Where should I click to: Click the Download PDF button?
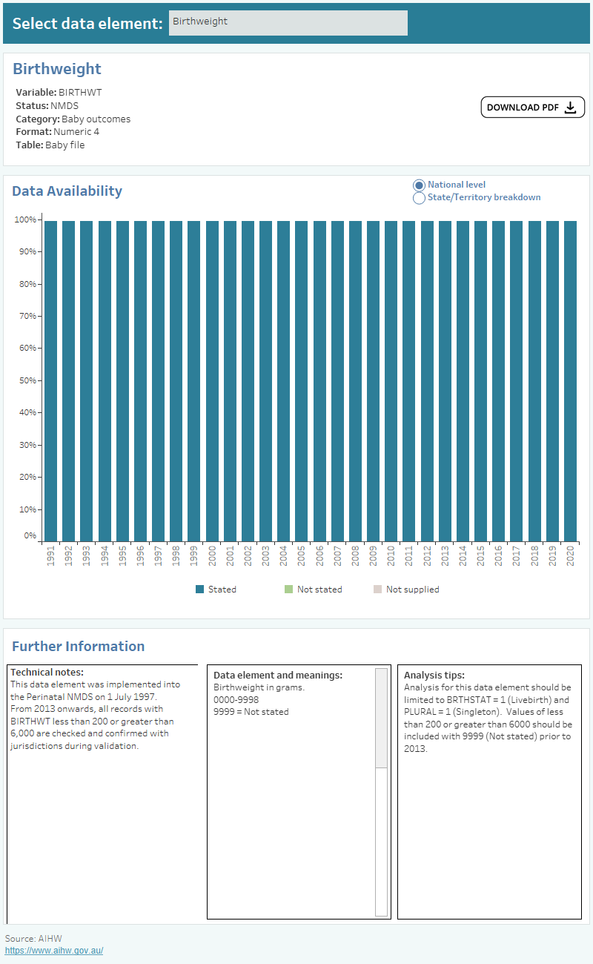532,108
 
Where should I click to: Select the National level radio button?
420,185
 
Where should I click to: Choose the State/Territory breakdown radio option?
420,198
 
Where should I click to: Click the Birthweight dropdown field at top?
288,22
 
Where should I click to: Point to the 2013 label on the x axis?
445,557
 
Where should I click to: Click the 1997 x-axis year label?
158,557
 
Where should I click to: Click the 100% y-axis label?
24,219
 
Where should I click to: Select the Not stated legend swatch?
289,590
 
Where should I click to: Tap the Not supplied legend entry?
412,590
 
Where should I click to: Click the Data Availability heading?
67,191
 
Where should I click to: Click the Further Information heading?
78,647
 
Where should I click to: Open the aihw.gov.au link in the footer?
54,951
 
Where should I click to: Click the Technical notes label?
47,673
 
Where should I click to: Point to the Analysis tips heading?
434,676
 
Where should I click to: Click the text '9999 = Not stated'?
251,712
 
